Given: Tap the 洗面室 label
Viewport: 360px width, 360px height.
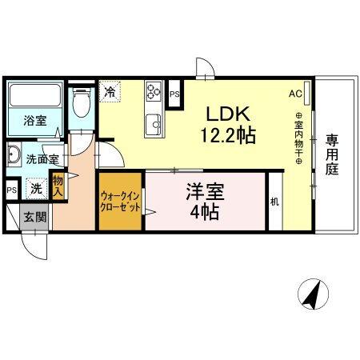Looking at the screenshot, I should [42, 159].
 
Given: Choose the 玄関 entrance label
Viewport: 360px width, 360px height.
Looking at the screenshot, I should [34, 216].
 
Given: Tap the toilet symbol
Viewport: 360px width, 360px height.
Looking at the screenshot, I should [80, 103].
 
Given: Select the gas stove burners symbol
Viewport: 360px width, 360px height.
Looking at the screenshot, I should [153, 95].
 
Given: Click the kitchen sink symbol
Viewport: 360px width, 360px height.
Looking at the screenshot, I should [153, 123].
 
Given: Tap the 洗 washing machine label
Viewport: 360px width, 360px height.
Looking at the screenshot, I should [36, 190].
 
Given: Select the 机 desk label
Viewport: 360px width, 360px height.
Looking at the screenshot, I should [274, 201].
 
